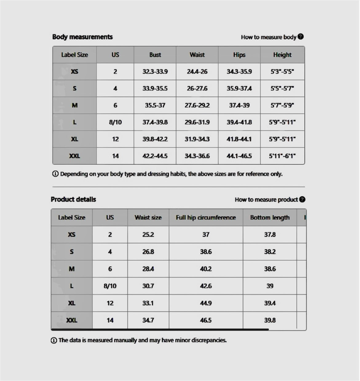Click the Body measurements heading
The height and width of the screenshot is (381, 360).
click(x=82, y=37)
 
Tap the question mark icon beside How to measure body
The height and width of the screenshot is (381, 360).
click(x=301, y=37)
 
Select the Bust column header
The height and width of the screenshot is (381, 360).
click(x=155, y=55)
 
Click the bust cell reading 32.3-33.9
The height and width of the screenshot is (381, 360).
click(x=155, y=72)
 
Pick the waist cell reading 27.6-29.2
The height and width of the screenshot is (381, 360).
click(x=197, y=105)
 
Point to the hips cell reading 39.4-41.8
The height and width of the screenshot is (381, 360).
click(x=239, y=122)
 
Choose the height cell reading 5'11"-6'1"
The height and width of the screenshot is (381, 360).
click(x=282, y=156)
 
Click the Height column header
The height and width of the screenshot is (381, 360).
click(x=282, y=55)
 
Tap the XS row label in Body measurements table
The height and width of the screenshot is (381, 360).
click(x=75, y=72)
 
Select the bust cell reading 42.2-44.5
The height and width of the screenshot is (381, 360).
click(x=155, y=156)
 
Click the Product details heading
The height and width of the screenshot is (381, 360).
click(x=73, y=199)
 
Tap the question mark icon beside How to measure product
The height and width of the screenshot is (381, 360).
click(x=302, y=199)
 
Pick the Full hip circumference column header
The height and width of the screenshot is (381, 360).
click(x=206, y=218)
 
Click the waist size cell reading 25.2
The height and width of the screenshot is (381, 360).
click(x=148, y=235)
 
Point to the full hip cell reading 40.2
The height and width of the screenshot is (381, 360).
click(x=206, y=269)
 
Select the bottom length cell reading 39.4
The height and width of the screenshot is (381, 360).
click(x=270, y=303)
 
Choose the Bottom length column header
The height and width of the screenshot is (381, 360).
click(x=270, y=218)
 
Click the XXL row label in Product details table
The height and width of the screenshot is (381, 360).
click(x=72, y=320)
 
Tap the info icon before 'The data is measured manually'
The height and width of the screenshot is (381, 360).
click(x=54, y=340)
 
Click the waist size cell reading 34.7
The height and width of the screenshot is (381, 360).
click(x=148, y=320)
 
